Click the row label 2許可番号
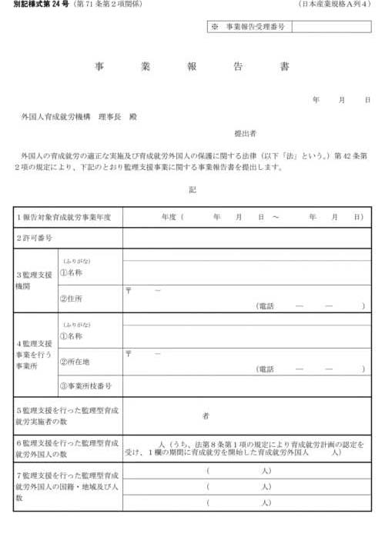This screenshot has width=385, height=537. point(35,238)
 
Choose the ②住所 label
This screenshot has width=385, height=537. point(73,299)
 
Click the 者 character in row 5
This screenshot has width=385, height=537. point(206,416)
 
